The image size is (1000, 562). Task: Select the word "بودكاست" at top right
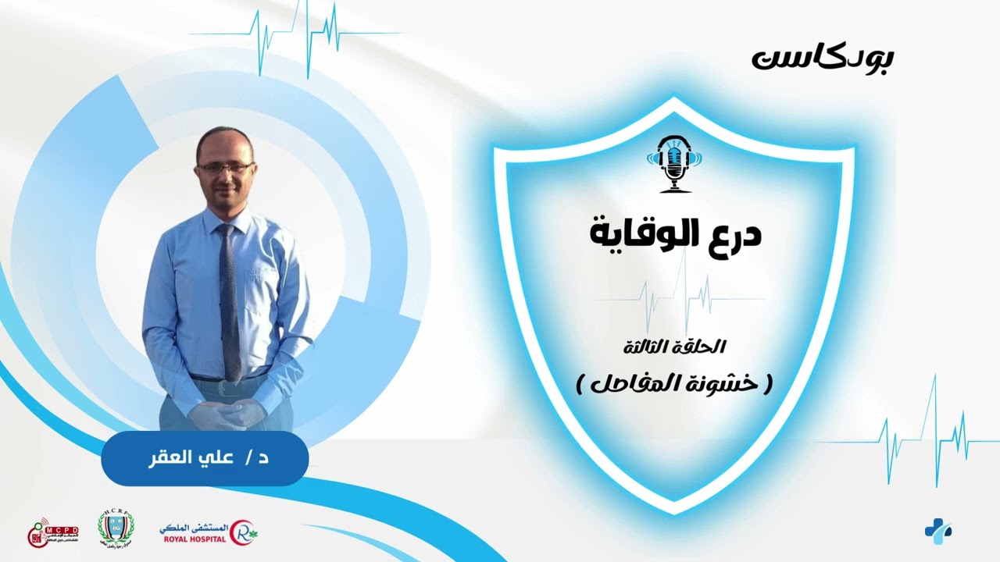[823, 58]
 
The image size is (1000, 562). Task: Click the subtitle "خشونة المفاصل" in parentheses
[673, 382]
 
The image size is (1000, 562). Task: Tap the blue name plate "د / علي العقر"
[205, 458]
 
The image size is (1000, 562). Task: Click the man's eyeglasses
[225, 166]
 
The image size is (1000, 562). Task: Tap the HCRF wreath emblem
[116, 527]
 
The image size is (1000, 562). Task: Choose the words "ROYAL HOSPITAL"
[195, 538]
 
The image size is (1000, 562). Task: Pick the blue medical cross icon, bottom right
[937, 530]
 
